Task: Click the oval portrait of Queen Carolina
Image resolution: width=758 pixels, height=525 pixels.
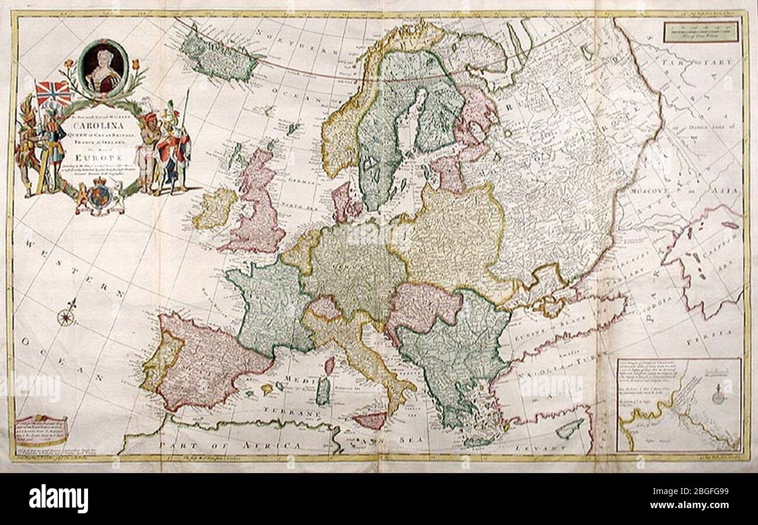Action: click(x=103, y=67)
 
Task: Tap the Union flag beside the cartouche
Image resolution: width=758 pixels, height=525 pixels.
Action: click(x=53, y=93)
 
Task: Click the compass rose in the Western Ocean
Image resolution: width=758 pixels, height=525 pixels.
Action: click(x=66, y=317)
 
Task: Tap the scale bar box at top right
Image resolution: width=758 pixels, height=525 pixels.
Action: click(x=701, y=32)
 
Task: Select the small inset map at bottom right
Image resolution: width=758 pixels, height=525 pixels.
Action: click(x=679, y=405)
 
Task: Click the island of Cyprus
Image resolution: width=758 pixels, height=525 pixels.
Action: click(x=569, y=429)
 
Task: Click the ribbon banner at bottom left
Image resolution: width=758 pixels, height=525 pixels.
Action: click(x=41, y=429)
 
